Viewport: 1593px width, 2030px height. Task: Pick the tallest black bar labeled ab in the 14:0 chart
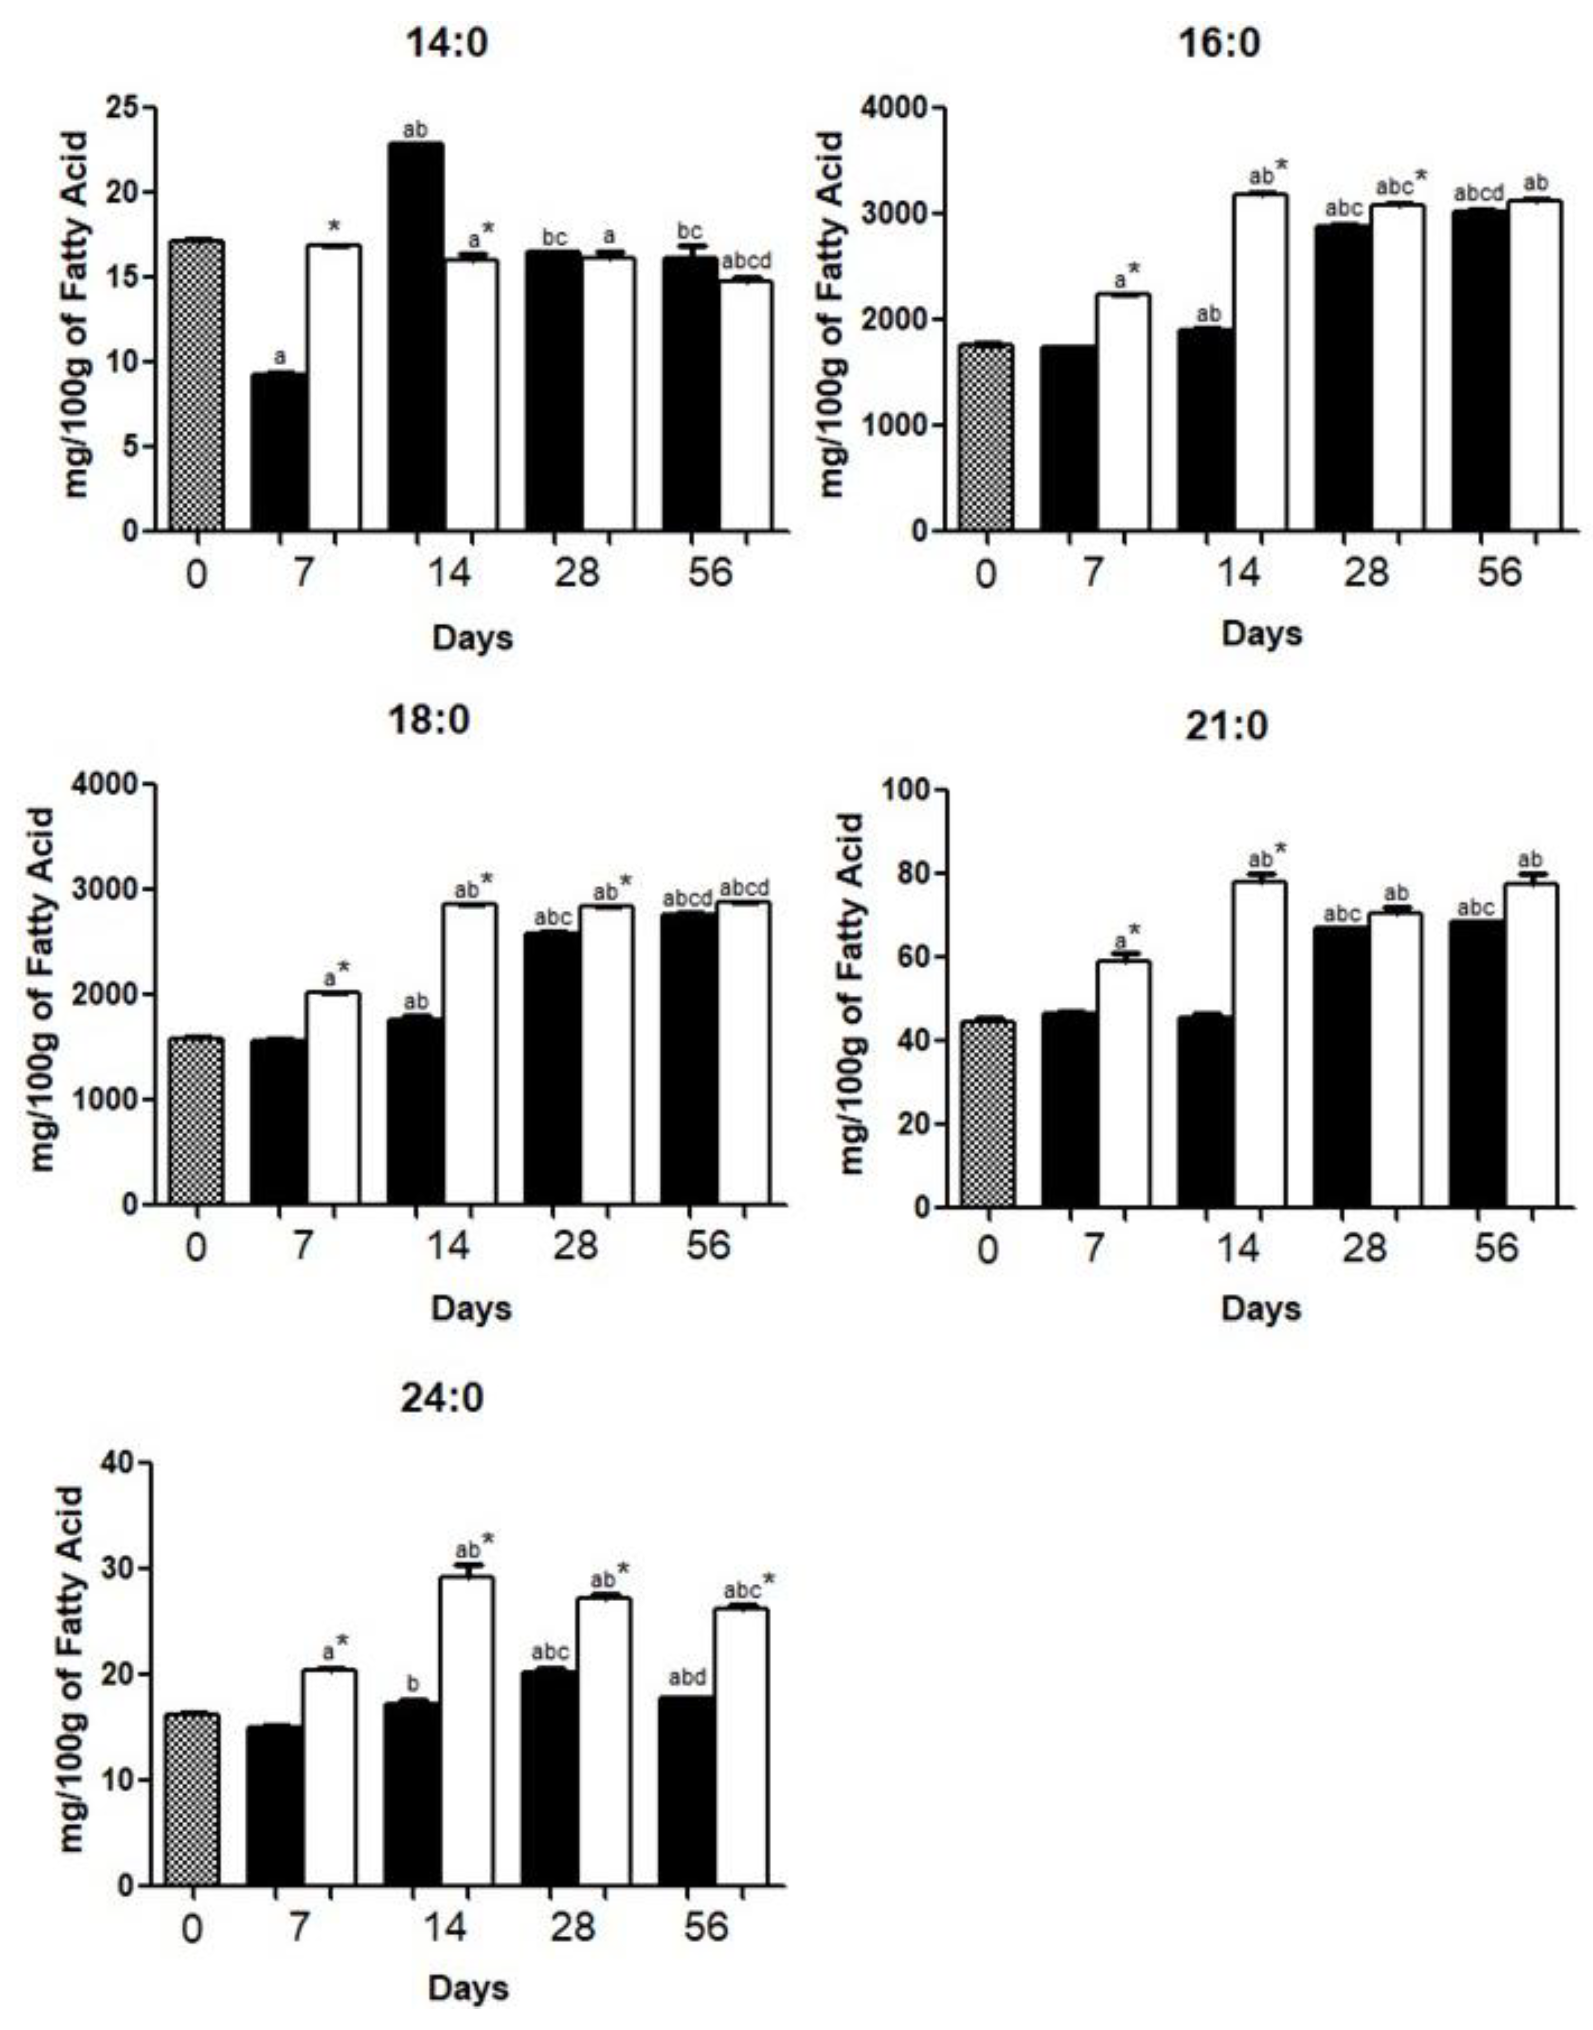pyautogui.click(x=415, y=336)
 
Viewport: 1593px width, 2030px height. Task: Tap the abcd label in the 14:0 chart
pyautogui.click(x=746, y=261)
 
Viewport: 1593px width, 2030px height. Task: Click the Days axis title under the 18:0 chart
pyautogui.click(x=471, y=1308)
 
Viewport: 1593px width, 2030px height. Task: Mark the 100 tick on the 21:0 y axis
pyautogui.click(x=905, y=790)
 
